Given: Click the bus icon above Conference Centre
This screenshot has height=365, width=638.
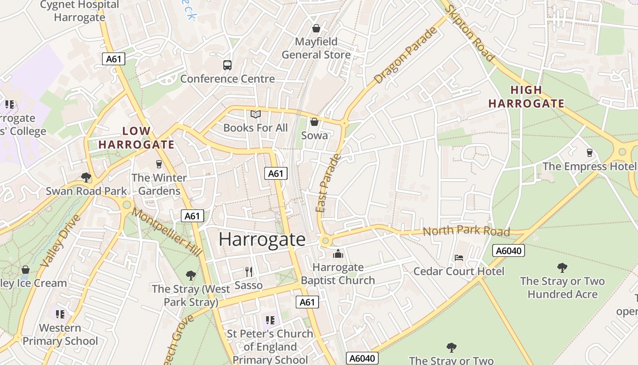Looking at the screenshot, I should pos(227,65).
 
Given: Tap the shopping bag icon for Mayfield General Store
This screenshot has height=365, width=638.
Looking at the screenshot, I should pos(316,29).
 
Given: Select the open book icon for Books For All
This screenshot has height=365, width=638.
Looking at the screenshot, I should pos(256,114).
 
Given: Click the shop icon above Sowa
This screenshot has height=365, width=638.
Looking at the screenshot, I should pos(314,122).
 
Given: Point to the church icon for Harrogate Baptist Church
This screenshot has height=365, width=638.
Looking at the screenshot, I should pos(338,254).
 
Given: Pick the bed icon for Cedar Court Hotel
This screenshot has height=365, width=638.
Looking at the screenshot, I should pos(459,258).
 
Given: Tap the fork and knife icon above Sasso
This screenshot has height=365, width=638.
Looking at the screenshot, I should pos(249,272).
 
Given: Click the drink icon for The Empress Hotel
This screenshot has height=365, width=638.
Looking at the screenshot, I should pos(590,153).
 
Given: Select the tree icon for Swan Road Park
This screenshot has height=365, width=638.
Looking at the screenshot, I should pos(86,177).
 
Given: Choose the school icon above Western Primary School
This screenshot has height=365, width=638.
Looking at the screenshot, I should pos(60,314).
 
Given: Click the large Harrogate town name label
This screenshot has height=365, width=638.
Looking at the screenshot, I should pos(262,240).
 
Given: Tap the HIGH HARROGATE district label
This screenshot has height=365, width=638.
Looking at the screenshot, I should pos(526,97).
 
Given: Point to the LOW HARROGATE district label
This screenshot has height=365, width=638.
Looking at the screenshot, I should pos(136,138).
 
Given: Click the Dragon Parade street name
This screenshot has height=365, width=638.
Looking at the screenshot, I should pos(406,55).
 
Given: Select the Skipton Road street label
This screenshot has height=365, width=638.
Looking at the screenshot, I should pos(469,33).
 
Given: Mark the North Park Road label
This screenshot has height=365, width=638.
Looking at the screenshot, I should pos(466,231).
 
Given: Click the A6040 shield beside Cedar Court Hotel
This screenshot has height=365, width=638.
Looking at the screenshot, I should pos(509,250).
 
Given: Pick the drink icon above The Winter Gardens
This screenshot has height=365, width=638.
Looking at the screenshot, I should pos(159,164).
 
